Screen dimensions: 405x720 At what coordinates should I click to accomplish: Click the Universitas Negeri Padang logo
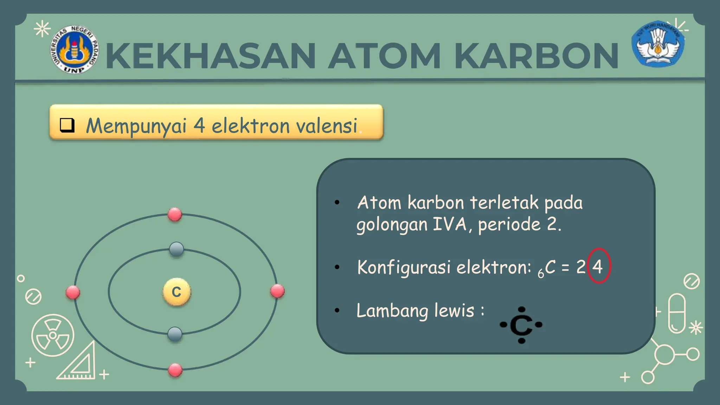point(74,50)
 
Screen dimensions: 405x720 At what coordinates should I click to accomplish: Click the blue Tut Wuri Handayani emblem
point(658,44)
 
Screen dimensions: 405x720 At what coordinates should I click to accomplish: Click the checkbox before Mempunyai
point(67,125)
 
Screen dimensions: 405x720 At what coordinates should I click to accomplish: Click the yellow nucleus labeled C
point(176,292)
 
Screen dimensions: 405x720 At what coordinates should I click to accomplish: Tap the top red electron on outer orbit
point(175,214)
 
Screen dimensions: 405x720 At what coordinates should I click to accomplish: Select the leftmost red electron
point(73,292)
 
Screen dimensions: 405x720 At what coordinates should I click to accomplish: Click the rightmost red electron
point(277,291)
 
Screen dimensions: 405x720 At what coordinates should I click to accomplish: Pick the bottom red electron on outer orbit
point(175,370)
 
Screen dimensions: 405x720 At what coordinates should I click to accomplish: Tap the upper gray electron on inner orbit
point(176,249)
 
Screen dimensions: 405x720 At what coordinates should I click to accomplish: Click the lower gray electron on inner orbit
point(175,334)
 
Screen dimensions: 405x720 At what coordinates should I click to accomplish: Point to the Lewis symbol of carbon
point(521,325)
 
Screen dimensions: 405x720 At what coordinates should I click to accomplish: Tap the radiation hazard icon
point(53,335)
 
